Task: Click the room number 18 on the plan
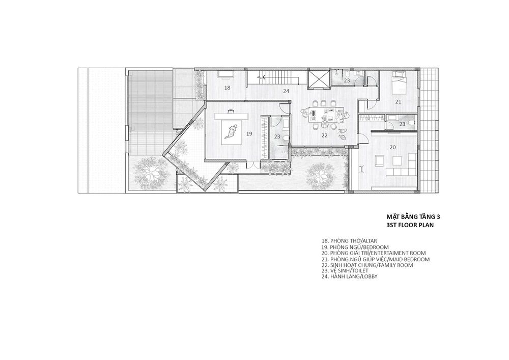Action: [x=227, y=88]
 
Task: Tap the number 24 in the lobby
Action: [x=286, y=91]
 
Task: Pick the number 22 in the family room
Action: [x=325, y=135]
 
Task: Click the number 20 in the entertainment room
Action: [x=393, y=147]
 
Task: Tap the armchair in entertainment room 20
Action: [x=379, y=160]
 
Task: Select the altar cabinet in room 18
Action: [x=225, y=74]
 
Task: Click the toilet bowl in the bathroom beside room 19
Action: [x=286, y=139]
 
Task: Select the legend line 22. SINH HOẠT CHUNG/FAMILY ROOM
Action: [x=367, y=265]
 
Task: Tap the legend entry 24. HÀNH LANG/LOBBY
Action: [x=349, y=276]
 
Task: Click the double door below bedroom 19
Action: [x=253, y=164]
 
